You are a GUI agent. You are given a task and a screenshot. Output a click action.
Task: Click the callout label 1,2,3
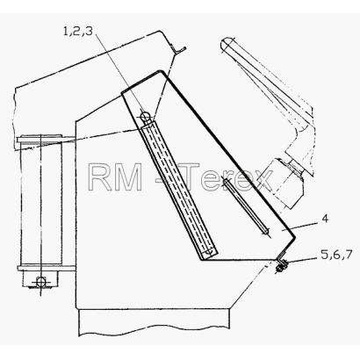click(x=78, y=31)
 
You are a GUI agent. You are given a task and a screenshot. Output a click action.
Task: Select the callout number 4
click(x=325, y=219)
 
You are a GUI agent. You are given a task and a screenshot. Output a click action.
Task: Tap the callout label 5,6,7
click(x=336, y=255)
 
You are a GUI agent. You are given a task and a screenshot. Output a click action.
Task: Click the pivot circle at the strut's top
click(x=146, y=117)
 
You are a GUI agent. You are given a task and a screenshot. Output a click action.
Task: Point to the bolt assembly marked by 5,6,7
click(x=281, y=266)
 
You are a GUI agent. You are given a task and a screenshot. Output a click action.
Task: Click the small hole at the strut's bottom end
click(x=209, y=252)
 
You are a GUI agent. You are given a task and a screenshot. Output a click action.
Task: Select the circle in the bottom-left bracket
click(x=41, y=282)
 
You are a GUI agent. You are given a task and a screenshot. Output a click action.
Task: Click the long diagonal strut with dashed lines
click(x=178, y=191)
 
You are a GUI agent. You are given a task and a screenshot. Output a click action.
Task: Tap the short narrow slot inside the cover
click(x=245, y=207)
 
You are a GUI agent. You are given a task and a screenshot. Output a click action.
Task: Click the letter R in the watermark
click(x=99, y=177)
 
